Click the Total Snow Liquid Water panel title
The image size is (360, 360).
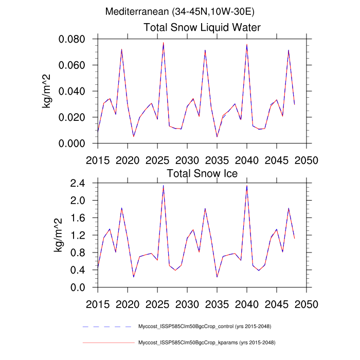point(202,27)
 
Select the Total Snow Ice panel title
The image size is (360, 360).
point(202,173)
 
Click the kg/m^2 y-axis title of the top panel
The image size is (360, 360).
point(47,92)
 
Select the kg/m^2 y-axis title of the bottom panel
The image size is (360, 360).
point(58,235)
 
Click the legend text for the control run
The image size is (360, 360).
point(205,327)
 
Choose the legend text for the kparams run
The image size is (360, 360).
point(206,342)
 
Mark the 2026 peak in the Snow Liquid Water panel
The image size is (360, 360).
point(164,43)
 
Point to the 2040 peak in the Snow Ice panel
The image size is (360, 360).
point(247,186)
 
